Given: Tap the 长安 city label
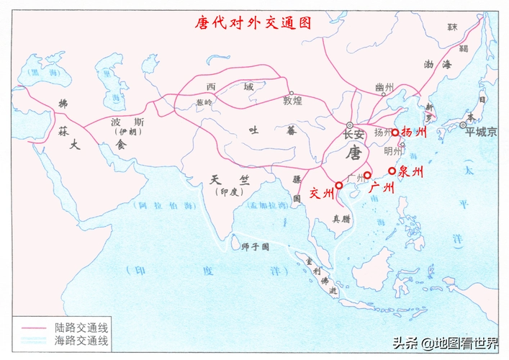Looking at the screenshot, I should (x=354, y=135).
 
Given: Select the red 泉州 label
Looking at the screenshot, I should (x=410, y=172).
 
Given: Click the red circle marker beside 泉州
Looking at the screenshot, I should (x=392, y=171).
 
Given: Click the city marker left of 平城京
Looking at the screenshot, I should (x=463, y=125).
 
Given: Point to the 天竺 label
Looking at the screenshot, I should (x=225, y=179).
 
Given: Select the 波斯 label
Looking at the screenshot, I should (x=123, y=122).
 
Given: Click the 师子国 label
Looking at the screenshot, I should (x=254, y=246).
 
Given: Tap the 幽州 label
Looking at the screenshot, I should (x=384, y=88).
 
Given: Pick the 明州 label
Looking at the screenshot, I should (x=394, y=151).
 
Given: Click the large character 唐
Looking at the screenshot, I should (x=354, y=153).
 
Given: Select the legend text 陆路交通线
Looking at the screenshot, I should (x=76, y=328).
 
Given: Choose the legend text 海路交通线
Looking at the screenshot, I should (x=76, y=341).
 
